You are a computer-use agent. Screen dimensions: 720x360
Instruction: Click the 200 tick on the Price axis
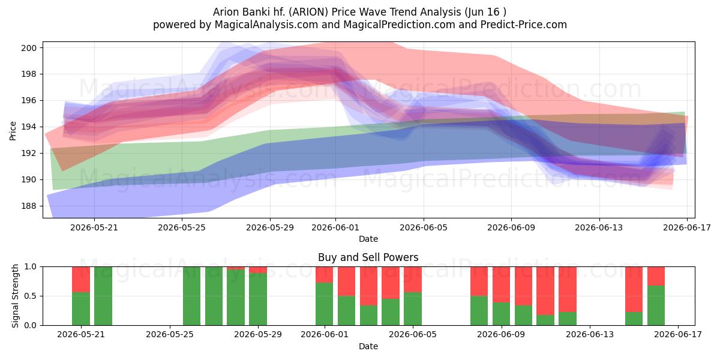(29, 48)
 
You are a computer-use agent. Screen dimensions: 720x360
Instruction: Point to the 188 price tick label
(29, 206)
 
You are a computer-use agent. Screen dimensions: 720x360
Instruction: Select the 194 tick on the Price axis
(29, 127)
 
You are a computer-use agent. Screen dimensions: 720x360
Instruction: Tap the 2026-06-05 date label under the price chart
(424, 227)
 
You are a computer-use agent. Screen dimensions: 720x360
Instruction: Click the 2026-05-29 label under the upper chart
(270, 227)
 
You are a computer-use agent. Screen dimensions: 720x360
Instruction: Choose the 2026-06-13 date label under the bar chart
(590, 335)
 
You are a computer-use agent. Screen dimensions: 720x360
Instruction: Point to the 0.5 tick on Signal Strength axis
(31, 296)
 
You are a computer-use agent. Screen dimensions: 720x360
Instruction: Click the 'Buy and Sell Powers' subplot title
(368, 257)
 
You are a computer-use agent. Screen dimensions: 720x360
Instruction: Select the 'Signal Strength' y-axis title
(15, 296)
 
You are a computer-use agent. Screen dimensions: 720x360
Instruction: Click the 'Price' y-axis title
(13, 131)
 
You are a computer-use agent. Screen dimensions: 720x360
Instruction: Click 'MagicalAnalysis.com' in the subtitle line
(266, 25)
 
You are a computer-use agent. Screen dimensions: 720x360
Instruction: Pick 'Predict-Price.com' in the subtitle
(524, 25)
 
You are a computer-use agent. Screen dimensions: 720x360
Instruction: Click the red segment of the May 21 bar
(81, 280)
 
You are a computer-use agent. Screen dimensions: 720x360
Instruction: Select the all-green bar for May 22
(103, 296)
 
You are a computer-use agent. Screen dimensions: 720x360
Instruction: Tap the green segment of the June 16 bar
(656, 305)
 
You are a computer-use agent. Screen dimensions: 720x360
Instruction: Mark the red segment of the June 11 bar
(545, 291)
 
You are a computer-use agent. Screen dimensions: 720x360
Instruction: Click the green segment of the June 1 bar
(325, 304)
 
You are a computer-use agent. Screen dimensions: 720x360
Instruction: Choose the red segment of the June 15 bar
(634, 290)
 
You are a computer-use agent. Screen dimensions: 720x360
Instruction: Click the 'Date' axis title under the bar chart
(368, 346)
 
